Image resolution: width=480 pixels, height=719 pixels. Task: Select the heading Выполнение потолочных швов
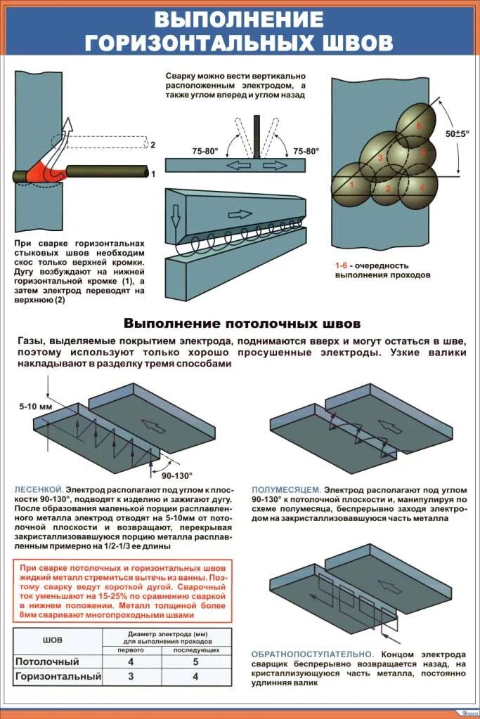[242, 324]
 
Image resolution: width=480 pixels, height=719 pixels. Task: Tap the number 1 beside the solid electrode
[153, 173]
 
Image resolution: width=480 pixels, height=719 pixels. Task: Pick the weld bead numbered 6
[420, 125]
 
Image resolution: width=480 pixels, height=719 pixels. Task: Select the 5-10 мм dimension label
[32, 407]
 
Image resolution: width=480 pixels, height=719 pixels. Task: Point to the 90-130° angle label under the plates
[176, 475]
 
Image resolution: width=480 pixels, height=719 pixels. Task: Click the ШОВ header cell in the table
[53, 640]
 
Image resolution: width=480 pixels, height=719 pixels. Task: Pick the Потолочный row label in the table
[47, 661]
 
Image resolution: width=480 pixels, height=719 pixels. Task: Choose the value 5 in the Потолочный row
[195, 661]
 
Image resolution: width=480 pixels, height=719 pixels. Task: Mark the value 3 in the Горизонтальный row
[130, 677]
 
